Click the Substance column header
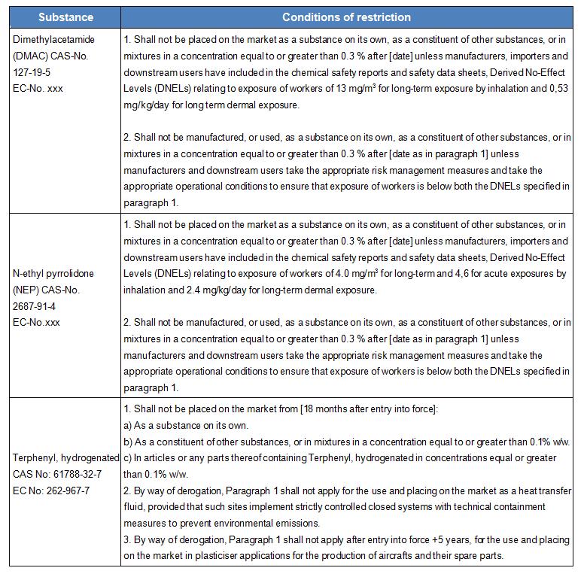click(x=65, y=17)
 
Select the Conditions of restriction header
click(x=346, y=17)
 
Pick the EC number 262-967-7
click(x=75, y=490)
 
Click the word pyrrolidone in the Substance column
click(x=74, y=273)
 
